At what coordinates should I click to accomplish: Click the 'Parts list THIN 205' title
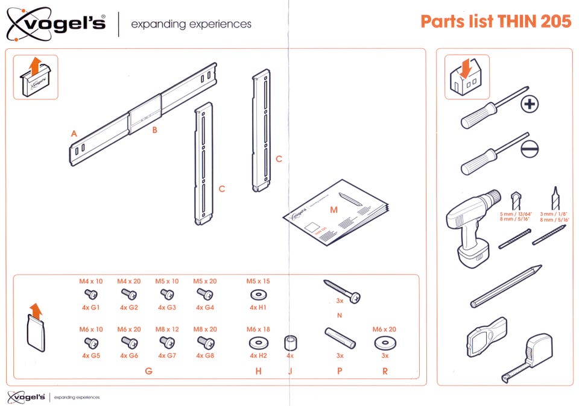point(495,22)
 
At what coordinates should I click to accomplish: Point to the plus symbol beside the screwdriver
point(530,105)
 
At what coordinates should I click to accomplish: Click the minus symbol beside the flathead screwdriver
point(529,149)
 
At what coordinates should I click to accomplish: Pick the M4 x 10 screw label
point(91,281)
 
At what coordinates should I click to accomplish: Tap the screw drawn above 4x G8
point(205,342)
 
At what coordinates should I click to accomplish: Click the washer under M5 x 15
point(258,295)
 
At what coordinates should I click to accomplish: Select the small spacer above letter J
point(289,344)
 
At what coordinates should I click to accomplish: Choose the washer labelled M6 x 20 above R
point(384,343)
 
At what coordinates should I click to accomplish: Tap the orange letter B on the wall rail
point(154,130)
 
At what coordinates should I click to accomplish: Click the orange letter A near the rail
point(74,134)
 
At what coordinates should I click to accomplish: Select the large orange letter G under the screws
point(148,372)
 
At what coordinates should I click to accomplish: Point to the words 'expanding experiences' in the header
point(191,25)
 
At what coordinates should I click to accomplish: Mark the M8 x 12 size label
point(167,329)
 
